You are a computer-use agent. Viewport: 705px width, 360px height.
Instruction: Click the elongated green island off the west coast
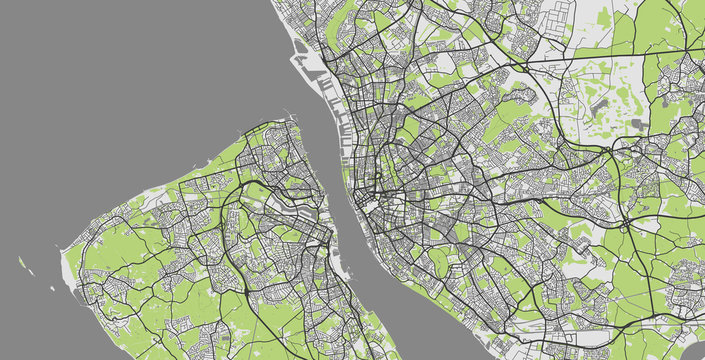pyautogui.click(x=21, y=264)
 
